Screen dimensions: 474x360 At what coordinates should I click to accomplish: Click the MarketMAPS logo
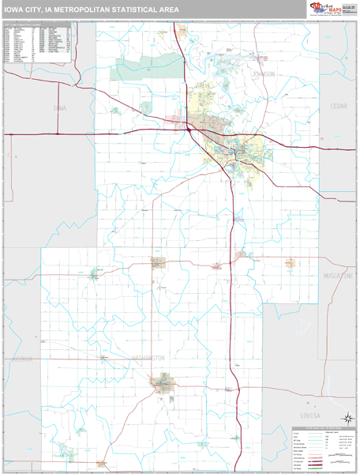point(326,9)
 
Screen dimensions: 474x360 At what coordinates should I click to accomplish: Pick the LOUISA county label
point(310,415)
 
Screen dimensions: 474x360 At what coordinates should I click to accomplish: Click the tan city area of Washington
point(163,385)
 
